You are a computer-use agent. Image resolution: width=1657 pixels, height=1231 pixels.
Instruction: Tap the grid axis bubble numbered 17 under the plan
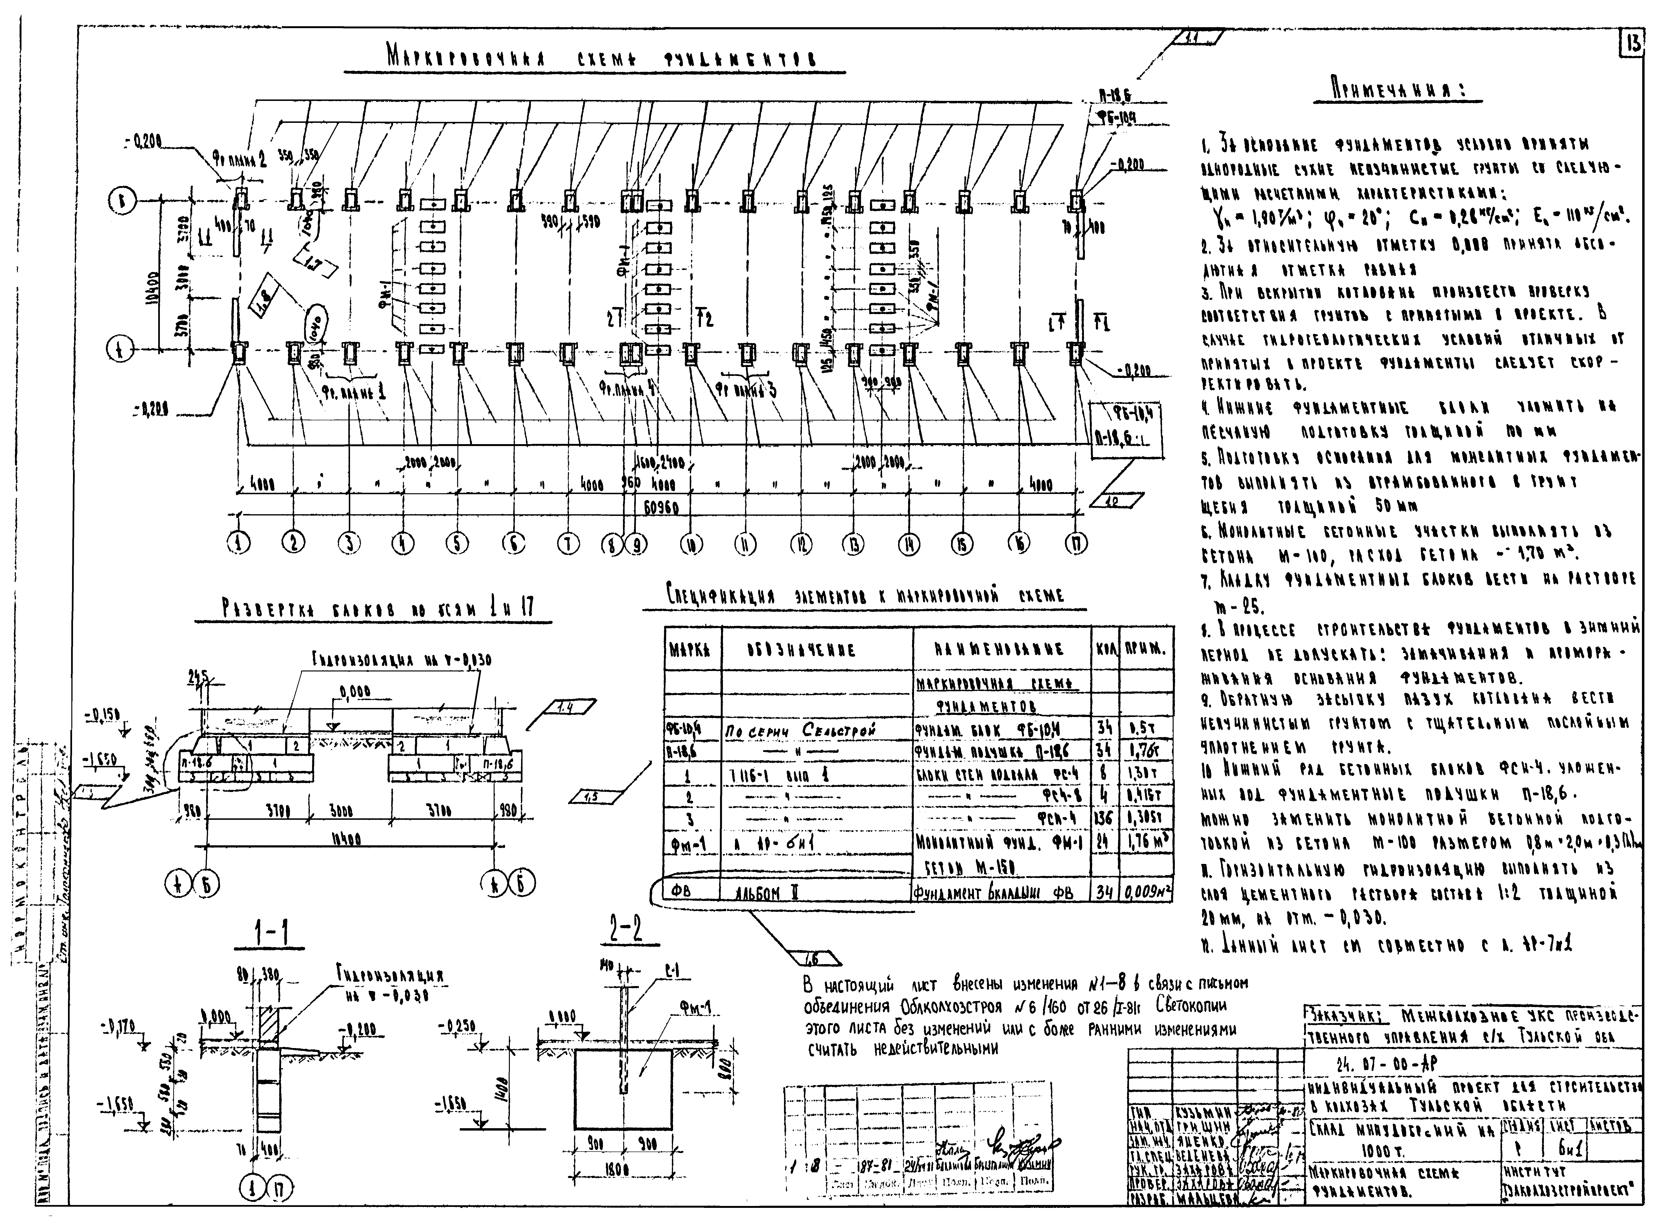point(1076,545)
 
